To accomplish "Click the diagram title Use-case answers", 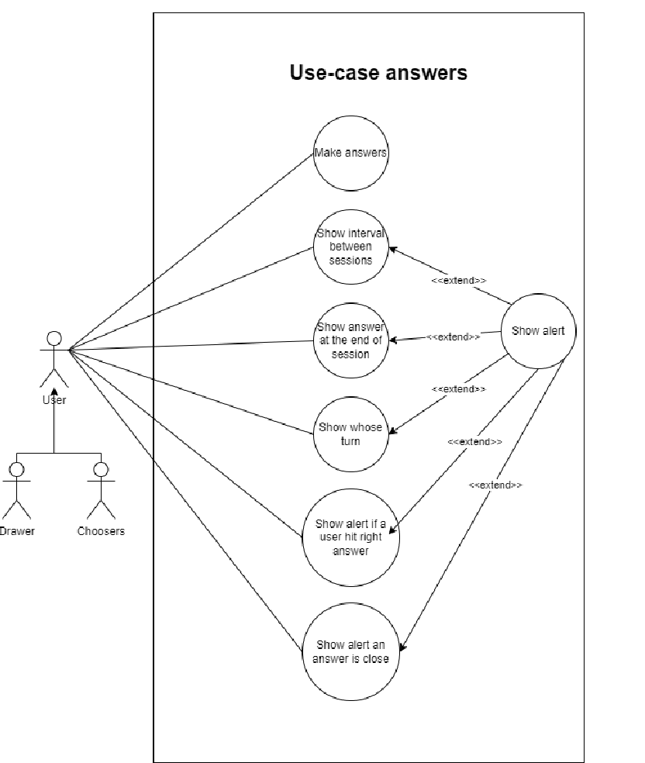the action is coord(378,73).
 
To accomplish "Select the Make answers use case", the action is coord(350,153).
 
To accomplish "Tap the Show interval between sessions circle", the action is coord(350,247).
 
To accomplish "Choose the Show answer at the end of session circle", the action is coord(350,340).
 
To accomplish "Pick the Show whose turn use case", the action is coord(350,434).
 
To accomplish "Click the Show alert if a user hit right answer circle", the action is coord(350,537).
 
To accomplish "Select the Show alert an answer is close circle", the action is coord(350,651).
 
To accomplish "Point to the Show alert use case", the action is coord(538,331).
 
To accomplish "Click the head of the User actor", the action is coord(54,338).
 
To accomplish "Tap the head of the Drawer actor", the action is coord(17,470).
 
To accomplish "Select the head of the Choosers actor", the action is coord(101,470).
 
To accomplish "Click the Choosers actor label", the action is coord(101,531).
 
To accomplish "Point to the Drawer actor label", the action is coord(17,531).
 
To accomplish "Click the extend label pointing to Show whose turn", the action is coord(458,388).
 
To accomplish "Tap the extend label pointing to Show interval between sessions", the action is coord(459,280).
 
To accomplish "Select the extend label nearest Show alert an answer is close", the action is coord(495,485).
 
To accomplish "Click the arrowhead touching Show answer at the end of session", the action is coord(393,340).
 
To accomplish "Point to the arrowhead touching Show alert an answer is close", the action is coord(403,646).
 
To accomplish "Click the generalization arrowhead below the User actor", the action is coord(54,392).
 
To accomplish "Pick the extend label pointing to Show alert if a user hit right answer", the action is coord(474,441).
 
